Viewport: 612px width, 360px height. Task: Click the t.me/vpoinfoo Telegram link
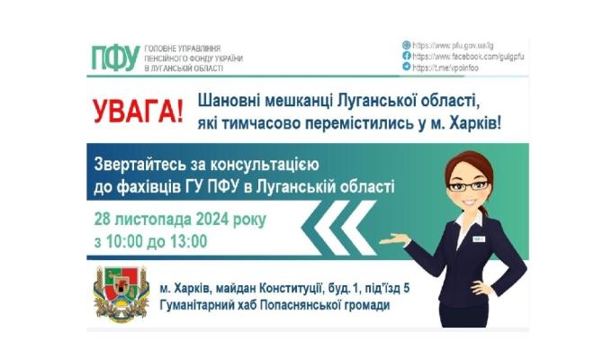pos(446,67)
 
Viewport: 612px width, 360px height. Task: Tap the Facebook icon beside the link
pos(407,55)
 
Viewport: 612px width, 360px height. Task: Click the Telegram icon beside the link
pos(407,67)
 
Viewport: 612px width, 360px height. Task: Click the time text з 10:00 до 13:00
pos(150,241)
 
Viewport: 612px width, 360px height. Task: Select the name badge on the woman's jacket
pos(481,238)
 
